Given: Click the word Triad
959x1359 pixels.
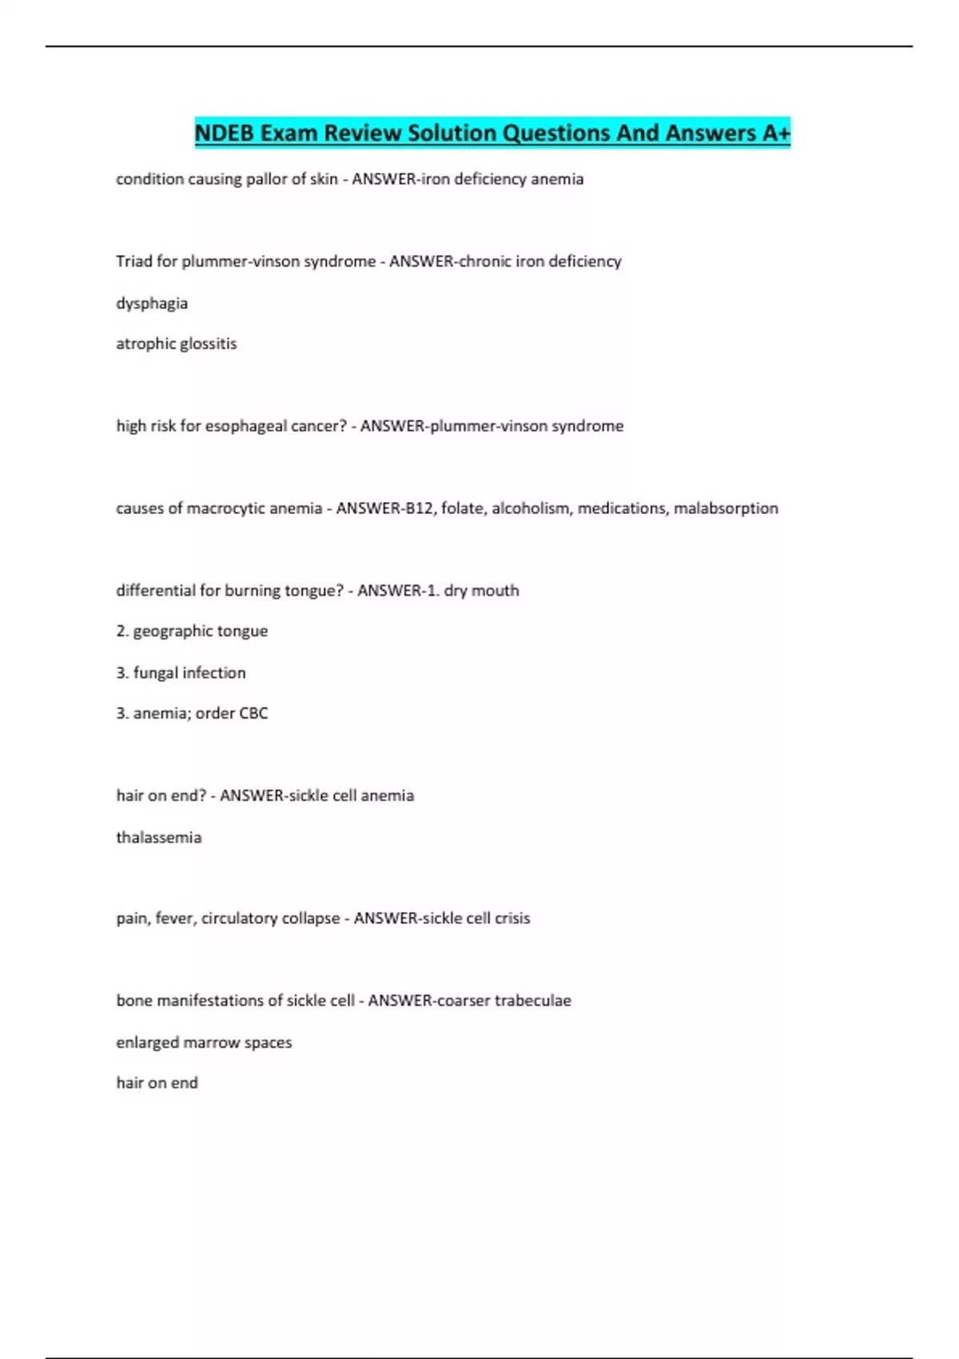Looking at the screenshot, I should [134, 261].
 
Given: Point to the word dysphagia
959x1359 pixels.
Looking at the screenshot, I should [152, 304].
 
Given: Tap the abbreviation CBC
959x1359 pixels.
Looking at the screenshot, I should [253, 713].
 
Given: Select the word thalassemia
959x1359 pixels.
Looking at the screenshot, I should [159, 838].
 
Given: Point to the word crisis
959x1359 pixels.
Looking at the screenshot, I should [512, 919].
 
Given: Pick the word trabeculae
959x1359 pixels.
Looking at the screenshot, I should [533, 1001].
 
